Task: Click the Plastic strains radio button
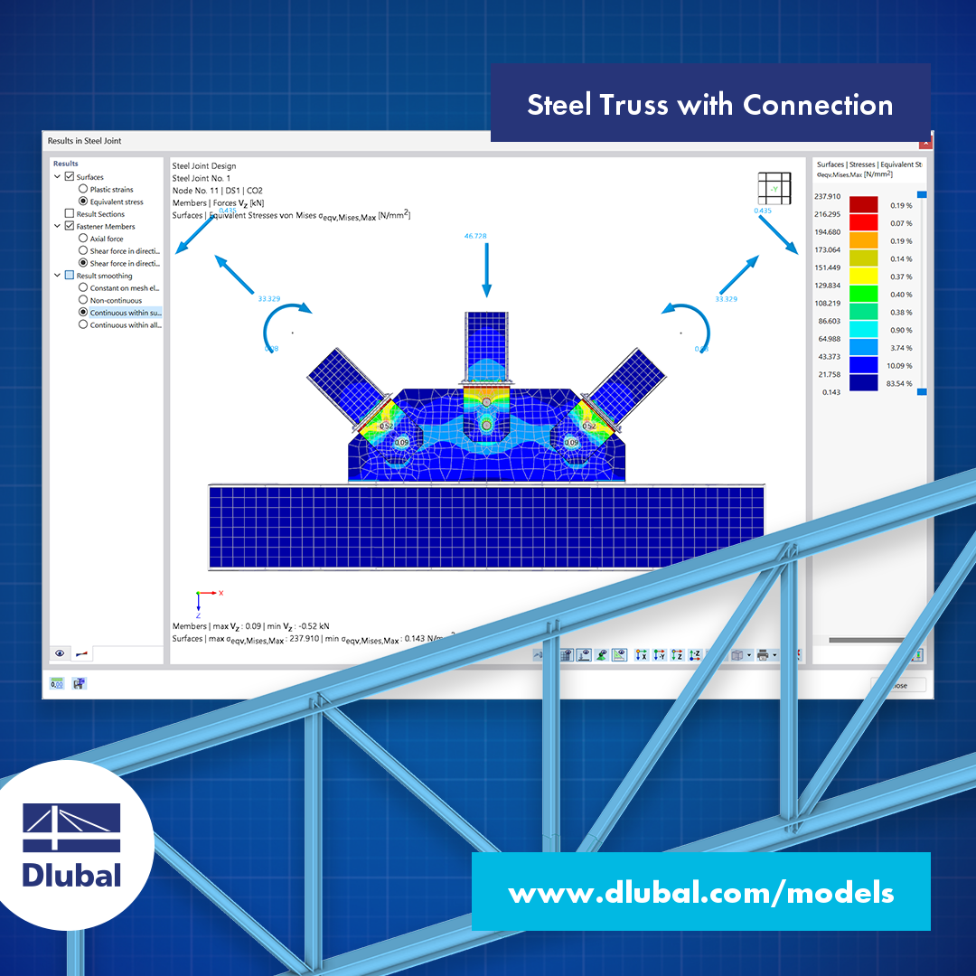[x=83, y=190]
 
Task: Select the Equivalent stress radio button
[x=83, y=202]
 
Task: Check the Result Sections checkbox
[x=70, y=214]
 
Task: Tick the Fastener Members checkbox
[x=70, y=227]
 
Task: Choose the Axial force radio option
[x=83, y=239]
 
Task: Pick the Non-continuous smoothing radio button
[x=83, y=300]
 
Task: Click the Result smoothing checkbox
[x=70, y=276]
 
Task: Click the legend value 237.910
[x=827, y=196]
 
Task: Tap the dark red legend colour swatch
[x=863, y=205]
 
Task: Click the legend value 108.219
[x=827, y=303]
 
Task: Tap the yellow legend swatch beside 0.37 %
[x=863, y=277]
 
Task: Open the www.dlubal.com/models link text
[x=700, y=893]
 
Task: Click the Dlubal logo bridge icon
[x=71, y=827]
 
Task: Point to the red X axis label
[x=221, y=593]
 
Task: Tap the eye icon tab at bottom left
[x=61, y=652]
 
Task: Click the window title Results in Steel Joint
[x=84, y=141]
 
